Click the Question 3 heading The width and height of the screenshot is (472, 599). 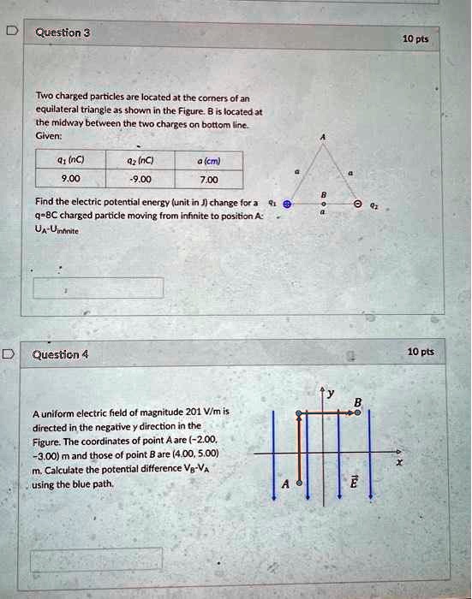(63, 33)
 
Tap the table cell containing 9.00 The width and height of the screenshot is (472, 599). (70, 180)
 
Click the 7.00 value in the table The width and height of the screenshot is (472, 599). (208, 180)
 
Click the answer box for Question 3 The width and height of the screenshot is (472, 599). (98, 288)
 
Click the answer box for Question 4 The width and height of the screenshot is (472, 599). (96, 560)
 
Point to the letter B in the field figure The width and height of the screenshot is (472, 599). (358, 402)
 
